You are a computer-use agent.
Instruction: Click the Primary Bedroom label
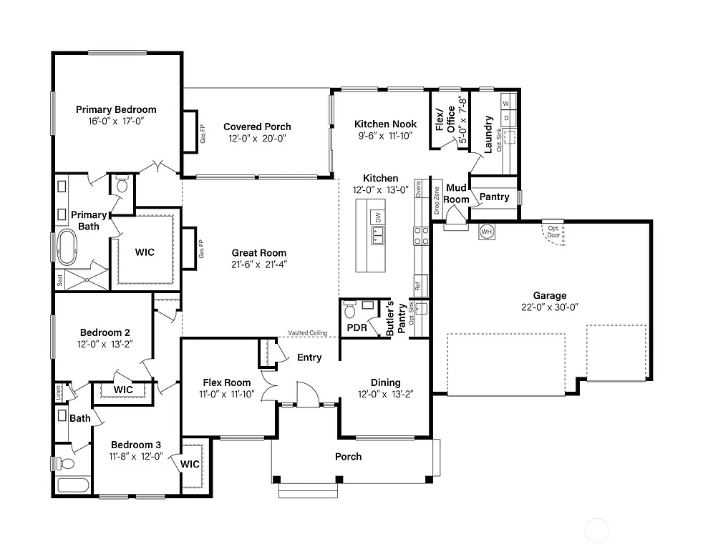116,109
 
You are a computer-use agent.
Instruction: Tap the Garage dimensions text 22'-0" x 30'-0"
549,307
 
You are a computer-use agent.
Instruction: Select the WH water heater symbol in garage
487,232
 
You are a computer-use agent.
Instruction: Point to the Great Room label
258,252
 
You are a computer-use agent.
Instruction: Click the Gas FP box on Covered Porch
190,131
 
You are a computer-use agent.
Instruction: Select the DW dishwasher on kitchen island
378,217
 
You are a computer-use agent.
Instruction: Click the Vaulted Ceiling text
308,333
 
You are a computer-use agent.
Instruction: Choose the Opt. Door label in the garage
553,231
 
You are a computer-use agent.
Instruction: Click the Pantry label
494,197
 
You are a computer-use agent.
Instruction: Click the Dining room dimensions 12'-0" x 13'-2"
385,394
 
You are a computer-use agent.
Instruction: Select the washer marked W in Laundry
505,104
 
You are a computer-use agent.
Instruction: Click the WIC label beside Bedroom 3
190,464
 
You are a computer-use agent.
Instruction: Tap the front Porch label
348,456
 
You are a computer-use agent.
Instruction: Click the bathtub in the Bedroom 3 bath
72,485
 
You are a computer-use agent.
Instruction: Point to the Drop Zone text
436,201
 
